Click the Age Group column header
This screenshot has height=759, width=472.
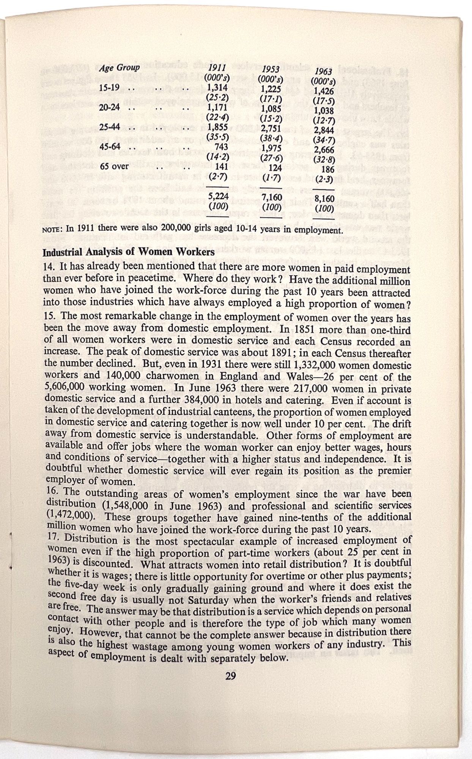click(119, 68)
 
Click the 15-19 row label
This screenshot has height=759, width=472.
click(109, 88)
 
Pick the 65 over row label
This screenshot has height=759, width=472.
click(114, 166)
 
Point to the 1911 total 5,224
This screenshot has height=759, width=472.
click(218, 197)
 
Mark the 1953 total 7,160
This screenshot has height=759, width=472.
click(271, 198)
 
